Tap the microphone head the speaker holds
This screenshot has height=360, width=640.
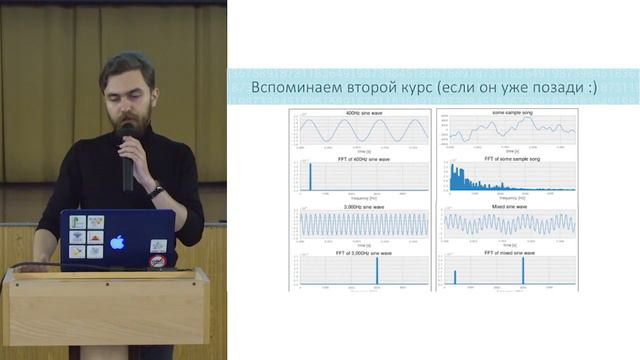126,131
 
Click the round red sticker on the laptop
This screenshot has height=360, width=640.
156,262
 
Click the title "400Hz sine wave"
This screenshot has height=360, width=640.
365,114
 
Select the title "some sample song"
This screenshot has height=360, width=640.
512,114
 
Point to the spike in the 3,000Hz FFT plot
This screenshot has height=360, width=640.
377,271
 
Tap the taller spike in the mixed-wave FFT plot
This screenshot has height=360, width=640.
523,271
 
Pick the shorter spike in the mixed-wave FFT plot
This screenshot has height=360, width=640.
456,277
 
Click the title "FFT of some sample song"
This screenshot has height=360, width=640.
512,160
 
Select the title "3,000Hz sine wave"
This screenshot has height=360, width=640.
365,207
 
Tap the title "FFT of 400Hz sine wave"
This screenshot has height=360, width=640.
365,160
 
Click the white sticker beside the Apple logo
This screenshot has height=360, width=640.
158,245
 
